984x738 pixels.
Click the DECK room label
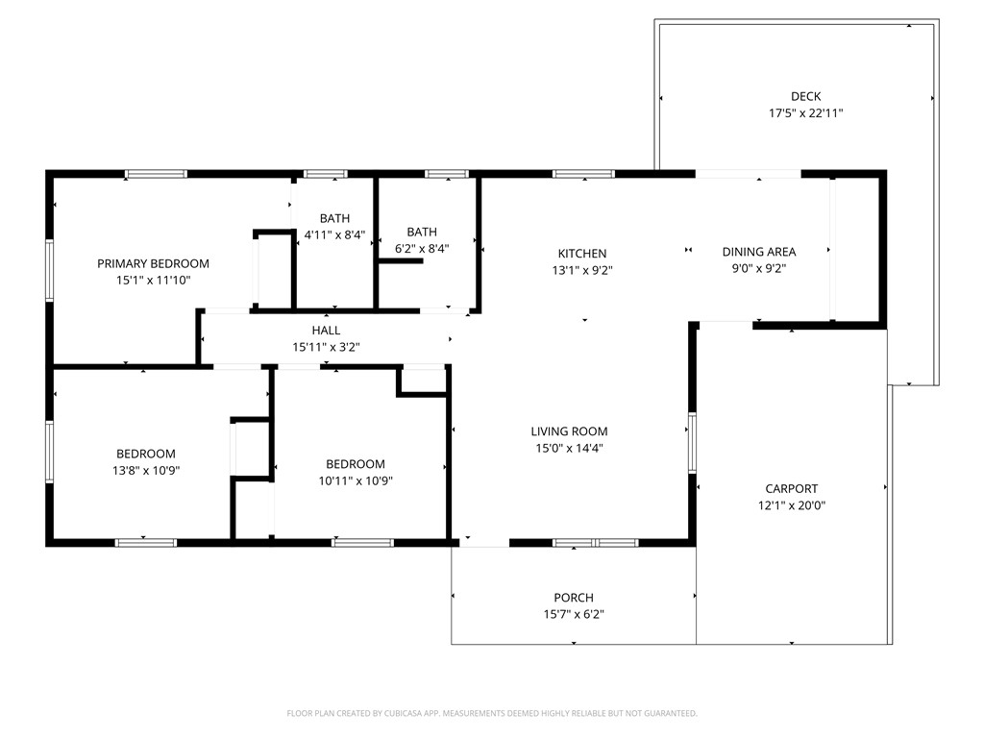coord(805,96)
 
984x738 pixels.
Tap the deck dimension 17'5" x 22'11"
coord(805,113)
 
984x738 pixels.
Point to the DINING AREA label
coord(759,252)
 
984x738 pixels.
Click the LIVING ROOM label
coord(569,431)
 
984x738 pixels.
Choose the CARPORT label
coord(791,488)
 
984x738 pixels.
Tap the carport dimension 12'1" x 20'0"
coord(791,505)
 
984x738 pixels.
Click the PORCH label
coord(573,598)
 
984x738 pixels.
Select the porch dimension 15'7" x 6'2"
coord(573,615)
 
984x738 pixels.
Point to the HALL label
coord(326,331)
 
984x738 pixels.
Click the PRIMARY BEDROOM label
coord(153,263)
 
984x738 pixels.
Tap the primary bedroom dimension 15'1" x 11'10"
coord(153,281)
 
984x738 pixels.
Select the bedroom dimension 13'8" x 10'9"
coord(146,471)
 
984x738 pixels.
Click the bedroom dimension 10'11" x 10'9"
coord(355,480)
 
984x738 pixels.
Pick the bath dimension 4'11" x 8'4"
coord(334,234)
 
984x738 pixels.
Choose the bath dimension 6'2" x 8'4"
coord(421,248)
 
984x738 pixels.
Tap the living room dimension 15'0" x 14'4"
coord(569,448)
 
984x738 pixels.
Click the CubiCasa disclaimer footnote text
coord(492,713)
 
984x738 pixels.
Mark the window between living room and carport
coord(692,443)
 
